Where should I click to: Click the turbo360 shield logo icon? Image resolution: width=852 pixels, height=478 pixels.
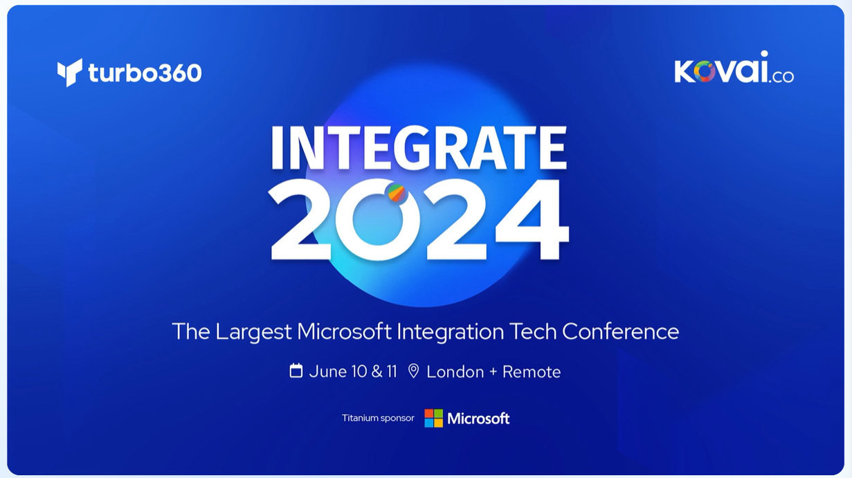tap(69, 72)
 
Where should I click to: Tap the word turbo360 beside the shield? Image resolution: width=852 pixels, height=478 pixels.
tap(145, 73)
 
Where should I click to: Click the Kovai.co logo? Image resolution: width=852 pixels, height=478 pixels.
tap(734, 68)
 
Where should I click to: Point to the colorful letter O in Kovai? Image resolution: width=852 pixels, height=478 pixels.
tap(704, 72)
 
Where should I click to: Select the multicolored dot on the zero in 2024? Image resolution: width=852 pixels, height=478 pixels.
tap(397, 193)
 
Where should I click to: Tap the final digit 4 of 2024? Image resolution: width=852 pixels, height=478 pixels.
tap(532, 220)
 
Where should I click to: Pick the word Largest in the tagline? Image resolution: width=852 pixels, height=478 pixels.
tap(253, 332)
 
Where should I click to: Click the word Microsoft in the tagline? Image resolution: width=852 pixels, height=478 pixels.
tap(344, 331)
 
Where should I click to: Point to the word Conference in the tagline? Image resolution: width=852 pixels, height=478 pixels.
tap(620, 331)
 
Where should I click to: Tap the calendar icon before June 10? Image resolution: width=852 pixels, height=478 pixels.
tap(296, 371)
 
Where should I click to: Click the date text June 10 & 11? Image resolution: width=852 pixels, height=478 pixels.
tap(353, 371)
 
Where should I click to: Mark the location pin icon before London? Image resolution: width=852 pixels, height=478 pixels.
tap(413, 371)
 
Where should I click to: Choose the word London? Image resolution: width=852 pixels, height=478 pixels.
tap(455, 371)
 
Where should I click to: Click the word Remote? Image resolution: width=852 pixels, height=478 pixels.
tap(532, 371)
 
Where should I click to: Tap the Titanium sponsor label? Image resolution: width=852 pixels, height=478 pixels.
tap(378, 418)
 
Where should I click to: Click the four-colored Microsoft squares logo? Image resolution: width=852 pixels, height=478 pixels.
tap(433, 418)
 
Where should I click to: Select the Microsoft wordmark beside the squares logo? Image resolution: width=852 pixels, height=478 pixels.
tap(478, 419)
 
